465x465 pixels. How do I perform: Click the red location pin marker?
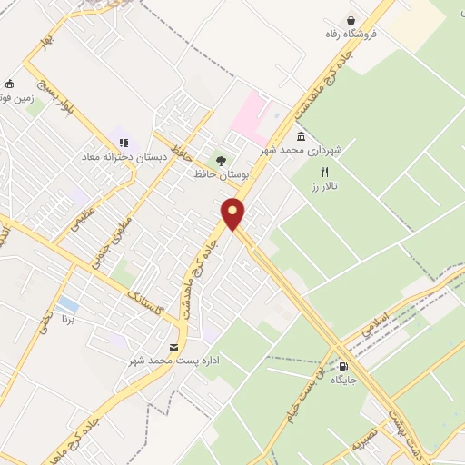tap(233, 214)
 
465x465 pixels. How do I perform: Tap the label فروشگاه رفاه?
tap(357, 35)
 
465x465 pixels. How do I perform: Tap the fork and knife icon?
tap(325, 171)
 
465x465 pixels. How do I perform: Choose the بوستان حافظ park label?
tap(221, 173)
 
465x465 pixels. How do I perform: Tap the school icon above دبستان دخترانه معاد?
tap(124, 143)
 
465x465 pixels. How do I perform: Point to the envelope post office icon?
tap(173, 347)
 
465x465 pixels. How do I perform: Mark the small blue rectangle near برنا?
tap(67, 302)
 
